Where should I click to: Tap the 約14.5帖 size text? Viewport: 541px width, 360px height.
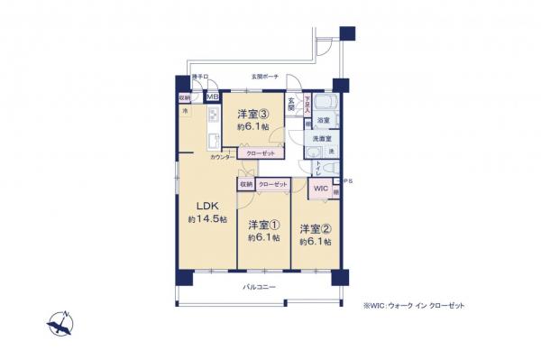(207, 219)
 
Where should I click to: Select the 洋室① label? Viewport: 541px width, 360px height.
(263, 225)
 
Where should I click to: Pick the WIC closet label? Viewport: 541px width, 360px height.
(320, 189)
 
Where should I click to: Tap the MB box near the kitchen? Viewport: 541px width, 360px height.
(213, 97)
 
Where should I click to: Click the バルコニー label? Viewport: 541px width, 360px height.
(259, 287)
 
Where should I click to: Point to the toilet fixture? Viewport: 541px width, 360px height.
(314, 164)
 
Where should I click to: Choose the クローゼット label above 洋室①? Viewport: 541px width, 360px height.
(273, 184)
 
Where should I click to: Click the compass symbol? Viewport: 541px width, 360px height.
(60, 321)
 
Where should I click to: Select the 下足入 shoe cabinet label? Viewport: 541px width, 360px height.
(307, 103)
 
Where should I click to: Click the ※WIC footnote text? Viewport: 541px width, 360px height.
(415, 306)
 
